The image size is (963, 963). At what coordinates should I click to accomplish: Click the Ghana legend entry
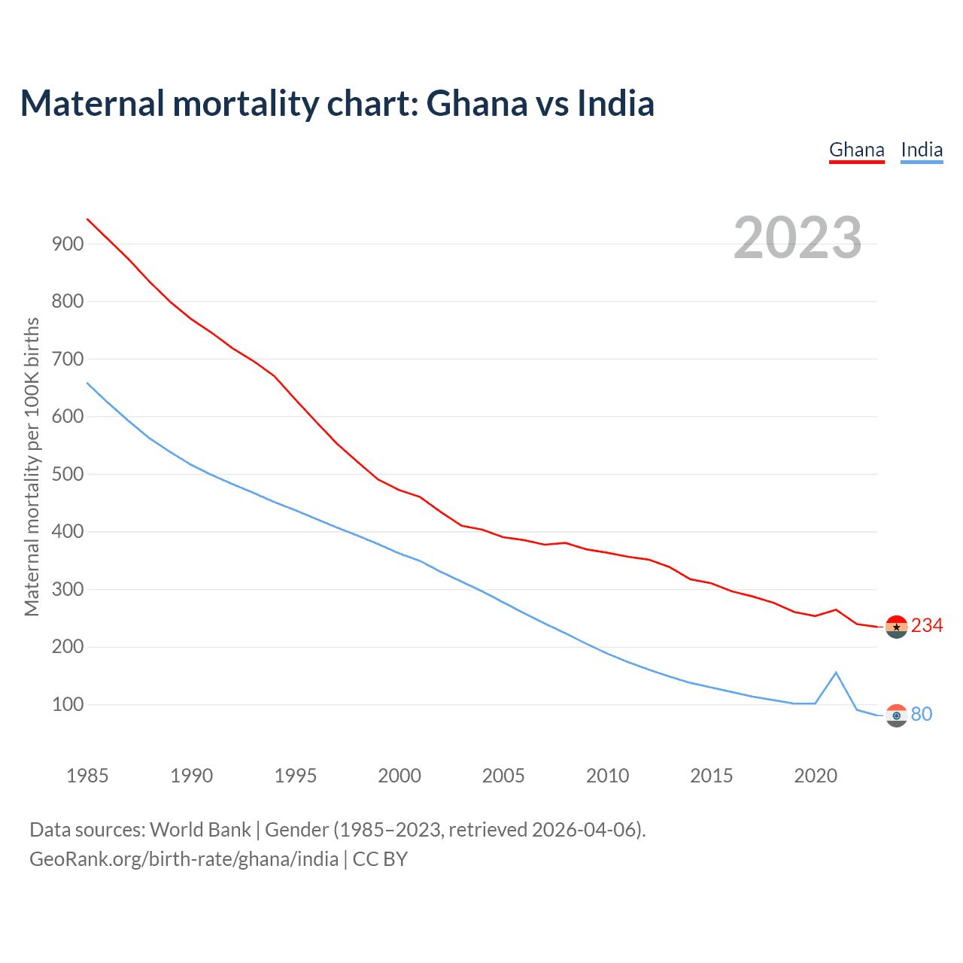click(x=856, y=150)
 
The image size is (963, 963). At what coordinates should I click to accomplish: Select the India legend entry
click(x=922, y=150)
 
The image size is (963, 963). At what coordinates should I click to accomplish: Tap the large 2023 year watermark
click(x=797, y=238)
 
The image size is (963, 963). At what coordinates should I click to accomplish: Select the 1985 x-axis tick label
click(x=87, y=776)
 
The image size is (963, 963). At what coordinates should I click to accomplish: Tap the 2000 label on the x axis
click(x=399, y=776)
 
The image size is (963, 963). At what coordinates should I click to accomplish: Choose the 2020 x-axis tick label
click(x=816, y=776)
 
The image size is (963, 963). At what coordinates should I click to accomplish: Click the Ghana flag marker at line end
click(x=896, y=627)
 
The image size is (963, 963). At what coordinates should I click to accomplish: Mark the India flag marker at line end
click(x=896, y=715)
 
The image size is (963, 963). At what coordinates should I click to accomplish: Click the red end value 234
click(x=927, y=626)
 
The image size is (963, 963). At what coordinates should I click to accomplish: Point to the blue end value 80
click(x=922, y=714)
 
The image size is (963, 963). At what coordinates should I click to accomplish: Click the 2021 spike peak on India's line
click(x=836, y=673)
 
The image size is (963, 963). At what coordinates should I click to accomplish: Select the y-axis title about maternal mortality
click(x=32, y=466)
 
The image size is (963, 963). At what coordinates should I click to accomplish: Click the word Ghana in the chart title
click(x=477, y=103)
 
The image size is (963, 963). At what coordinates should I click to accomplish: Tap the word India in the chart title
click(x=615, y=103)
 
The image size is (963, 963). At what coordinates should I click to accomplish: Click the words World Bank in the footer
click(x=200, y=829)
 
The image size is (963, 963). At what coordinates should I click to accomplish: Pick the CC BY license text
click(x=380, y=859)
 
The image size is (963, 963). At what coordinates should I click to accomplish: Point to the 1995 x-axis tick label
click(x=296, y=776)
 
